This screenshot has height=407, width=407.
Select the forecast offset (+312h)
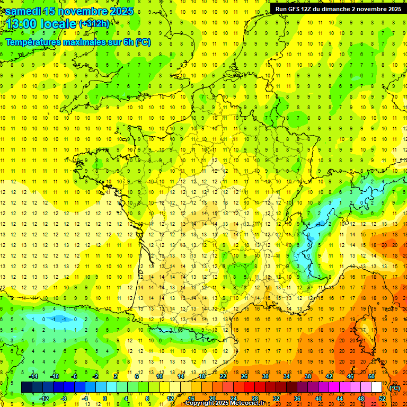94,23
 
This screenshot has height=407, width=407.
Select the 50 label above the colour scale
371,376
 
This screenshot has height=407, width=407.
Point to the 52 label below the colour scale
382,399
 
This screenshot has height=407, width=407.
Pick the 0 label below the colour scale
105,399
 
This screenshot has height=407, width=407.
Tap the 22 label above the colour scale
223,376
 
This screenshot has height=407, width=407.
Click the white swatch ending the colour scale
376,387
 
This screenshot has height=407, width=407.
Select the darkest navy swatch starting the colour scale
26,387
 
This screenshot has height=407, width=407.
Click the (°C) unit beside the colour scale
395,388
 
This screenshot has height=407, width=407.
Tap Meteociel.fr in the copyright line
247,403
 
